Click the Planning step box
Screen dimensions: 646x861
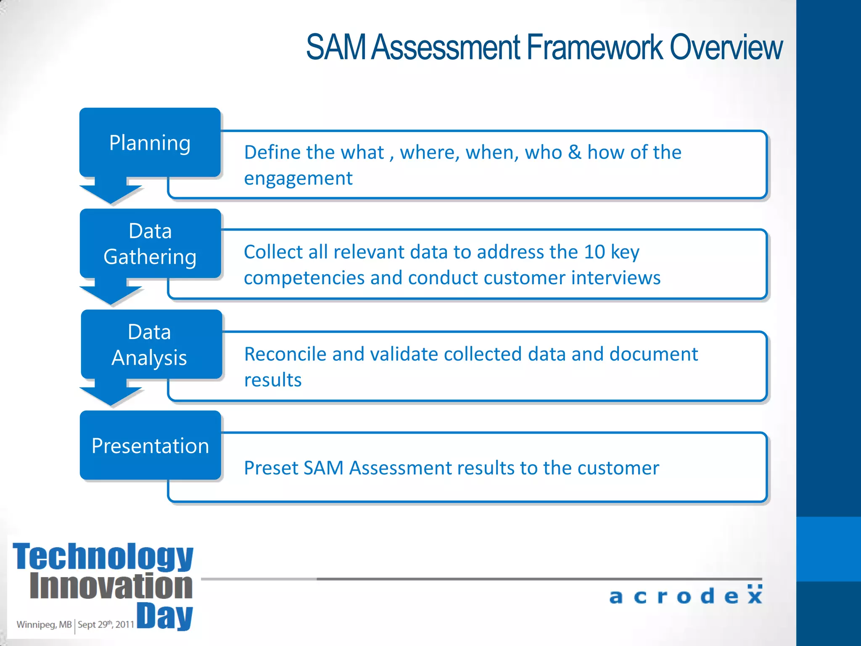[150, 143]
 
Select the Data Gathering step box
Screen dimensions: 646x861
[150, 244]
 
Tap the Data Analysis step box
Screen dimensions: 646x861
[150, 345]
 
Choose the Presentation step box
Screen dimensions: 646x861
[150, 446]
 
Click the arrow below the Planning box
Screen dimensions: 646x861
[111, 191]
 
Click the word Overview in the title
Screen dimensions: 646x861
[726, 47]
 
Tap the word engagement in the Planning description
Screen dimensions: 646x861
[298, 179]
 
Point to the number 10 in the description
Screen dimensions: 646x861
[594, 252]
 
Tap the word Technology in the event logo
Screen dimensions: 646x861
[103, 556]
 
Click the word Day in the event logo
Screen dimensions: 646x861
[165, 617]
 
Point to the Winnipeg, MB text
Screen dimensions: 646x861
[44, 625]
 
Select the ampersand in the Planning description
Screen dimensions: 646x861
[574, 152]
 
